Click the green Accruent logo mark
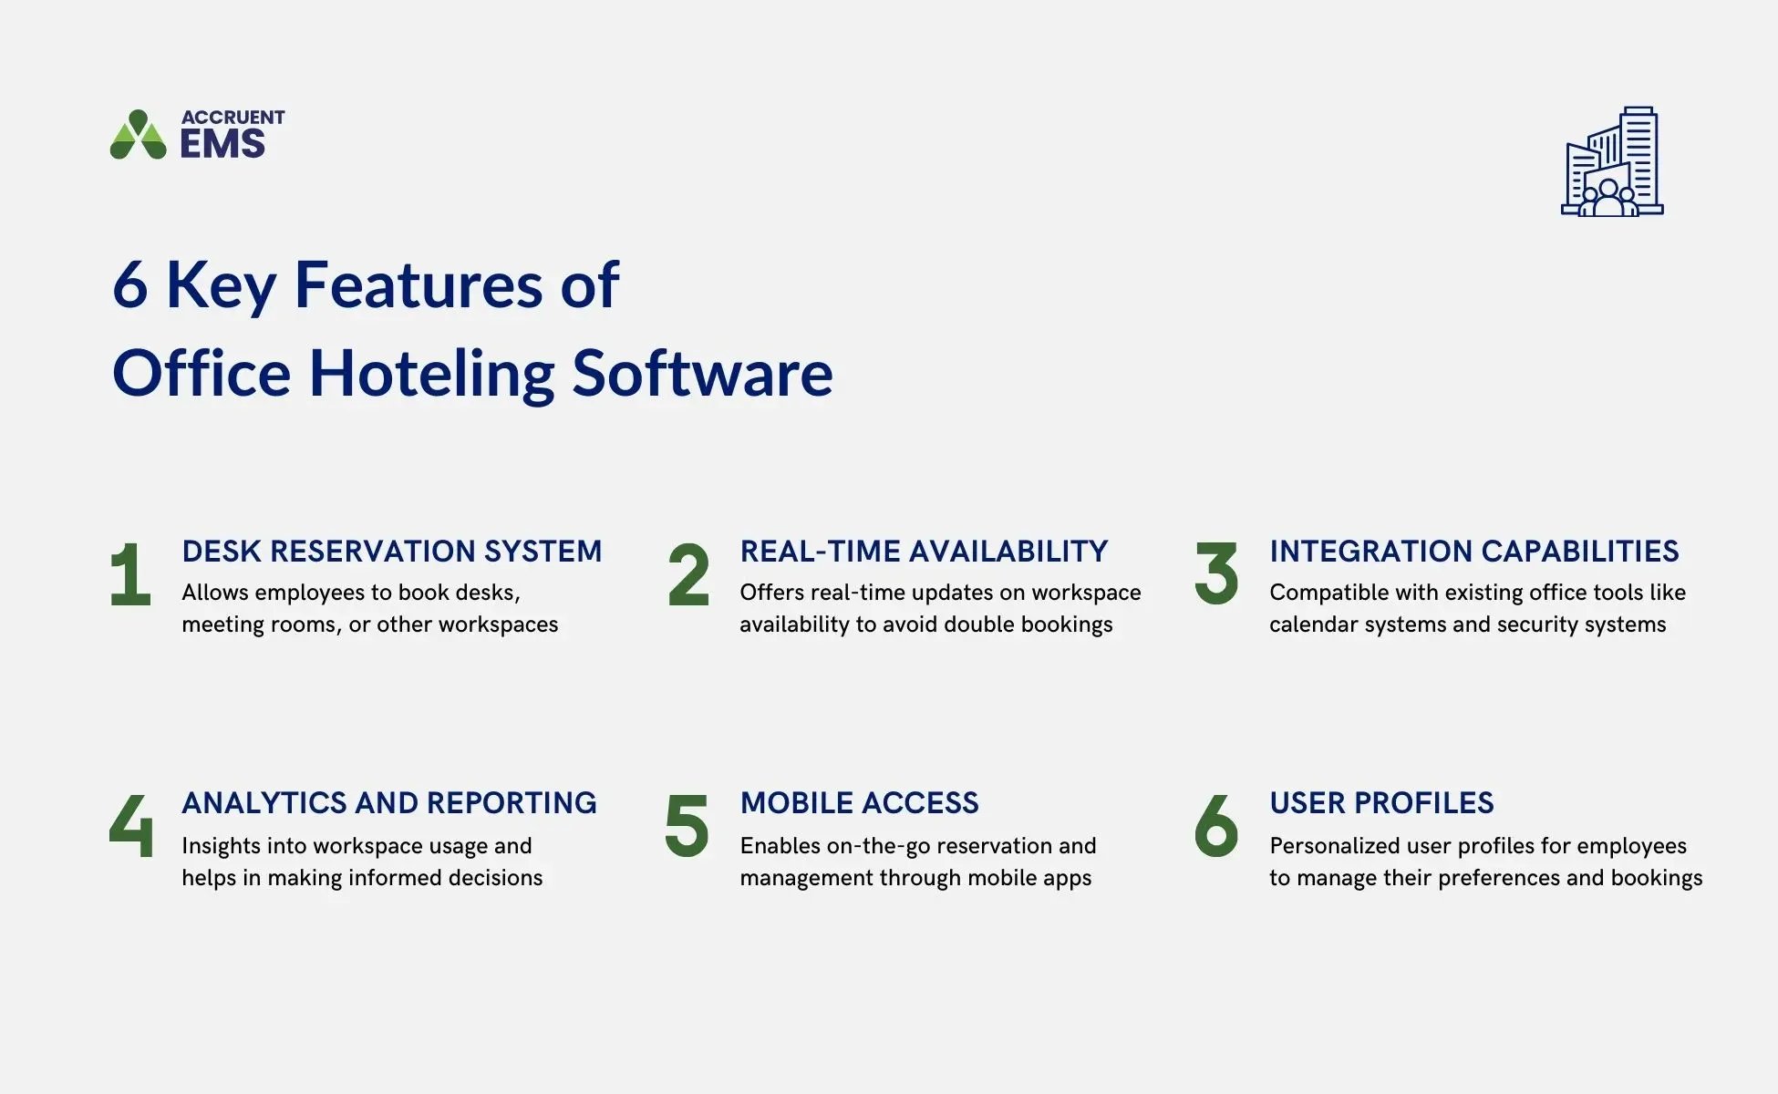[138, 135]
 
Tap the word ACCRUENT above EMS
[233, 118]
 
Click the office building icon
[1612, 161]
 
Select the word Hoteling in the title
[431, 374]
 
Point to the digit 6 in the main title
[130, 285]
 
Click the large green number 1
[130, 574]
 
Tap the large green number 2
[688, 574]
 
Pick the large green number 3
[1216, 574]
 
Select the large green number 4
[130, 826]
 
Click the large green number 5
[687, 826]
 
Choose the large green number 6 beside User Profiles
[1216, 826]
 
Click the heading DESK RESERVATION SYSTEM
[392, 552]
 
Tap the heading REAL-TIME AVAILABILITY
[924, 552]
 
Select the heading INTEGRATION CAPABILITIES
[1473, 552]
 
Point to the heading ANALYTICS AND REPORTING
[389, 803]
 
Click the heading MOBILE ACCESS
[859, 803]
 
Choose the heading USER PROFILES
[1381, 803]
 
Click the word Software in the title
[702, 374]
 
